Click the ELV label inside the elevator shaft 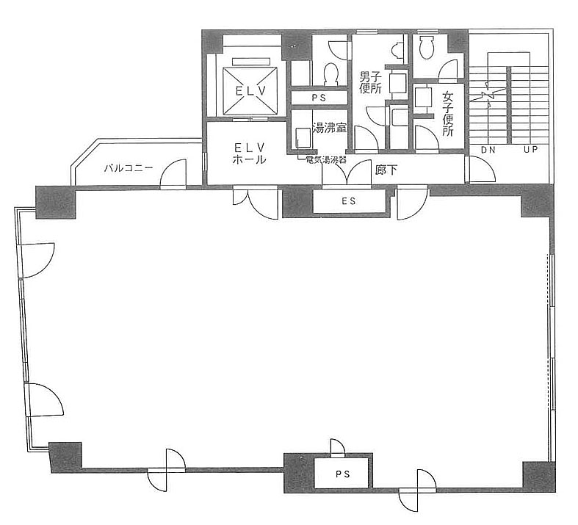click(250, 90)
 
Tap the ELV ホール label click(250, 153)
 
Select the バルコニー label click(129, 168)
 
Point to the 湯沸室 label click(330, 128)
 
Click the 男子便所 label click(370, 83)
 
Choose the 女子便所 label click(448, 114)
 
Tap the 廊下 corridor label click(386, 170)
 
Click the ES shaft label click(348, 200)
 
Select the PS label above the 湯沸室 click(319, 98)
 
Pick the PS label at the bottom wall click(342, 474)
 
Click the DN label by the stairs click(488, 150)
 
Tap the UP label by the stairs click(530, 149)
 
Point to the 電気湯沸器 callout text click(326, 160)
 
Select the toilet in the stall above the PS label click(330, 73)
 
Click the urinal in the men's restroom click(397, 50)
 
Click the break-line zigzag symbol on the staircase click(488, 95)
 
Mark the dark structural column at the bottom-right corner click(539, 477)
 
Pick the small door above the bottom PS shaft click(337, 448)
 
